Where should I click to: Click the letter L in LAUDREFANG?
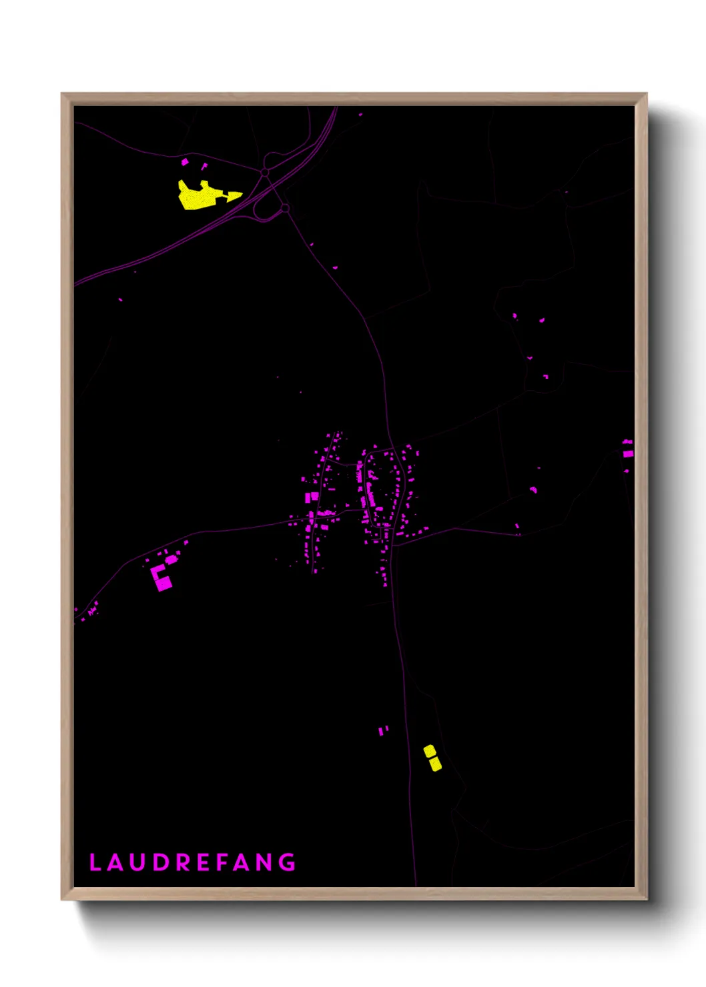coord(94,862)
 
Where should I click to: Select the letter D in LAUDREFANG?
coord(161,862)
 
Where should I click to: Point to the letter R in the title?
coord(183,862)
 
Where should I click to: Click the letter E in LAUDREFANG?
coord(204,862)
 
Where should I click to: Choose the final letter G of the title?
coord(288,862)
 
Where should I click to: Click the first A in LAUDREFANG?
coord(115,862)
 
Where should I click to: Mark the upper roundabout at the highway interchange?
coord(265,173)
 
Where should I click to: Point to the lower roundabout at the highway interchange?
coord(285,208)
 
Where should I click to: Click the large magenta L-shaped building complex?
coord(161,578)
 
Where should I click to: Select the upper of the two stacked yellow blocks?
coord(430,751)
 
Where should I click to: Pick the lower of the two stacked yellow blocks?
coord(435,764)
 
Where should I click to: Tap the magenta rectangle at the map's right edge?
coord(628,453)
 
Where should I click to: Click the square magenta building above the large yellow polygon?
coord(185,161)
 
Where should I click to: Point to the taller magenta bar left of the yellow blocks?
coord(380,732)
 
